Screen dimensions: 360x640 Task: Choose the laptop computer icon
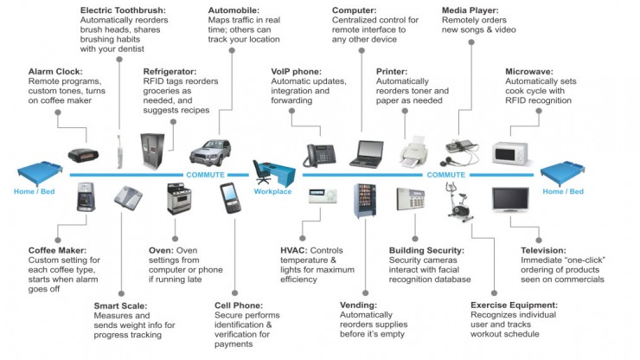click(366, 154)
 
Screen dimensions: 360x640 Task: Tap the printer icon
click(413, 154)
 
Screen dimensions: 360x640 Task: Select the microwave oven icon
click(509, 153)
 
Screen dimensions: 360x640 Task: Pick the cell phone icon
click(230, 198)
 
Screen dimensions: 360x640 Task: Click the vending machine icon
click(364, 201)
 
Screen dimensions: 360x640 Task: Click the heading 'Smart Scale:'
click(120, 305)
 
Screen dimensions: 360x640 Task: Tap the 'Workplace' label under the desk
click(272, 191)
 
